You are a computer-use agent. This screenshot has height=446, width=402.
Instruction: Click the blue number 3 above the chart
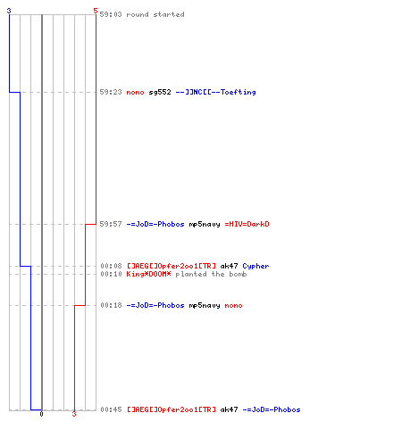tap(9, 11)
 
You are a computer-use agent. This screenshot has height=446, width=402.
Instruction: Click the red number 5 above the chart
tap(96, 11)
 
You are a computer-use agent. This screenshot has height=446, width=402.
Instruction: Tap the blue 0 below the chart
tap(41, 414)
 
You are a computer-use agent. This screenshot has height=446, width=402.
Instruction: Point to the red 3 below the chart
tap(74, 414)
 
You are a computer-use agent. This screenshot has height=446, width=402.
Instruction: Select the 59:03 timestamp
tap(111, 14)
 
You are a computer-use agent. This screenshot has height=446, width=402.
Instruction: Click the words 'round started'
tap(155, 14)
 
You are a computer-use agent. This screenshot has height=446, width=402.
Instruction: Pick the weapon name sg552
tap(160, 92)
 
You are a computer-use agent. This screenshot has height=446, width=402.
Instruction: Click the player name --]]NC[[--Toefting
tap(216, 92)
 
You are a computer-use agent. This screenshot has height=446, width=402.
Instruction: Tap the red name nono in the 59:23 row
tap(135, 93)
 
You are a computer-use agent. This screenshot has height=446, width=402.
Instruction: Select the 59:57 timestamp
tap(111, 224)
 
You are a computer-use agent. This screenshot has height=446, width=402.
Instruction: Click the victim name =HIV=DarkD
tap(247, 224)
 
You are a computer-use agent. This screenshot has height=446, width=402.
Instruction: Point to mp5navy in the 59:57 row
tap(205, 224)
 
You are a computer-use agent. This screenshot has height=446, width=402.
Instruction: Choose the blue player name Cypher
tap(255, 266)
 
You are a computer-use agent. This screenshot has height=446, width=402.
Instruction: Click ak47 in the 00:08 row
tap(229, 266)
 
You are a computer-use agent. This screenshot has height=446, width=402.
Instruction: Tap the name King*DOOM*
tap(148, 274)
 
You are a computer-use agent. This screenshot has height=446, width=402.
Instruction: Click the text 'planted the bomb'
tap(211, 274)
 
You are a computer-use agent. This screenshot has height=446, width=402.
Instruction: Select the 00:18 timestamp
tap(111, 305)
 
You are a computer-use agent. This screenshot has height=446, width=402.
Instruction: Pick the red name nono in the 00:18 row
tap(233, 306)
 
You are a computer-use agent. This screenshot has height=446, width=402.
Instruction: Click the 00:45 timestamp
tap(111, 409)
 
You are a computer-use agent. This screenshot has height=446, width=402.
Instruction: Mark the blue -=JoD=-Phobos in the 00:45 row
tap(272, 409)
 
